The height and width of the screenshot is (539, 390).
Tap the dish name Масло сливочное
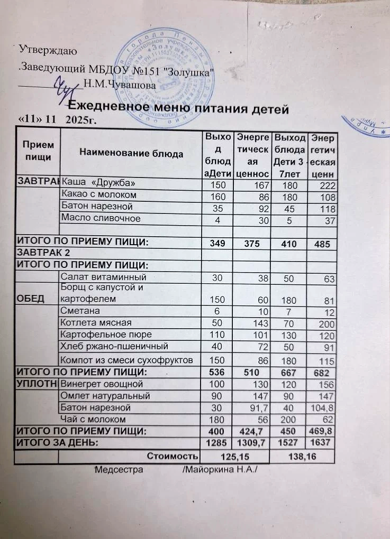tap(101, 218)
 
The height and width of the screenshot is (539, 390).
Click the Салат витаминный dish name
tap(102, 276)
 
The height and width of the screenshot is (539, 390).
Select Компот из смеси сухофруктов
tap(124, 360)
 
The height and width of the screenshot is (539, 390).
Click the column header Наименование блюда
tap(131, 153)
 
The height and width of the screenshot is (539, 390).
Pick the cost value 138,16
tap(304, 456)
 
